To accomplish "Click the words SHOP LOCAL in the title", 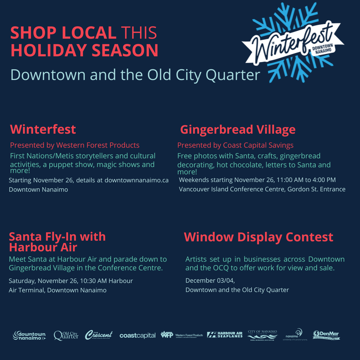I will [x=63, y=33].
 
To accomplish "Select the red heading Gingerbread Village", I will [x=238, y=129].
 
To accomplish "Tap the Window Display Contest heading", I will [x=258, y=237].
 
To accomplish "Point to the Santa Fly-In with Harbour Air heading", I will [x=57, y=242].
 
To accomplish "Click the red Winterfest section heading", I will [x=43, y=129].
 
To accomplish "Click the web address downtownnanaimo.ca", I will [x=137, y=180].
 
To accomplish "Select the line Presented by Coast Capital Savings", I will [x=235, y=145].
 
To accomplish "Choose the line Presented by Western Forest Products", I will [x=75, y=145].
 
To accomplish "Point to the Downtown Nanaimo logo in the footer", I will [x=29, y=335].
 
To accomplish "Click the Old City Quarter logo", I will [x=66, y=335].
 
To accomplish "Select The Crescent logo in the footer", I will [x=99, y=335].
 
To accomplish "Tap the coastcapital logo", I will [x=137, y=336].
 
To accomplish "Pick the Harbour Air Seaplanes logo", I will [x=225, y=335].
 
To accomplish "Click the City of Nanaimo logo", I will [x=262, y=335].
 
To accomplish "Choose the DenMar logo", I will [x=326, y=335].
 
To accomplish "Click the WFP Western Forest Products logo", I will [x=182, y=335].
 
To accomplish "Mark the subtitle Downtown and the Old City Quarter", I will [x=135, y=75].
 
